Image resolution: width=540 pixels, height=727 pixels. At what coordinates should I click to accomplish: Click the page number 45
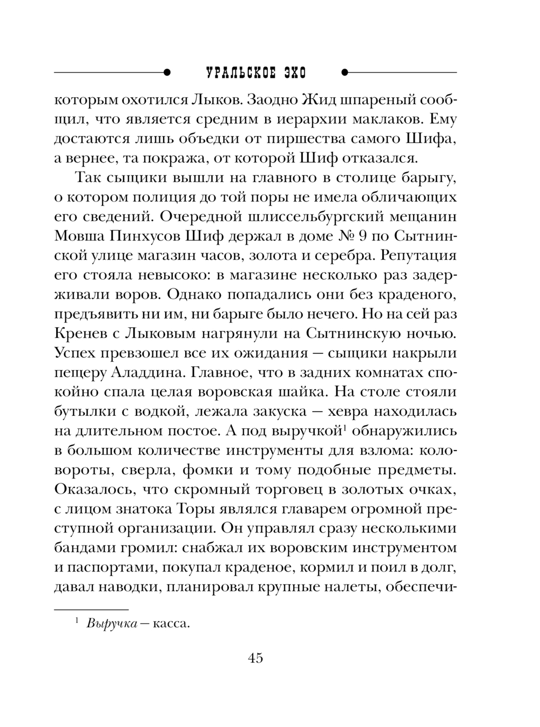255,658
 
